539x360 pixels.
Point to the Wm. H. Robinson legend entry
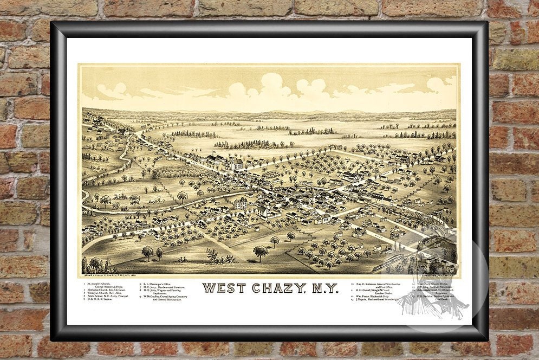click(x=379, y=284)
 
